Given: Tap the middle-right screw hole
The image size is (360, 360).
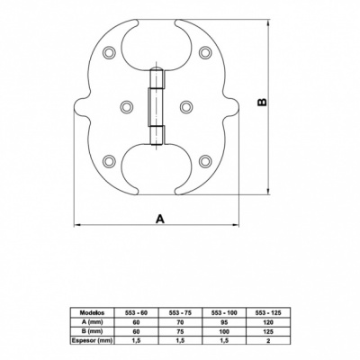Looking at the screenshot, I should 186,107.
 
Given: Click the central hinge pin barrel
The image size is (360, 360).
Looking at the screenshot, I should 156,107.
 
